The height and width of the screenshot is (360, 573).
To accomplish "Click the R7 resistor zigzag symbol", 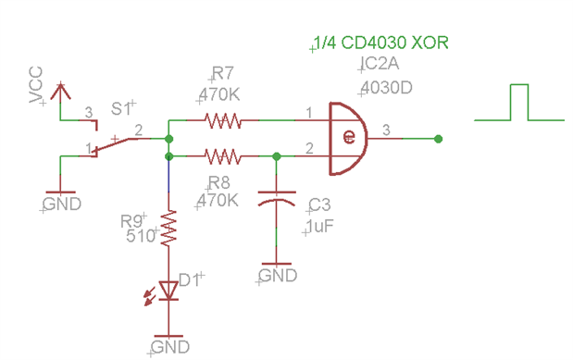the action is click(222, 120).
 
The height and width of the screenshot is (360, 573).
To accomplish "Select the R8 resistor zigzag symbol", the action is click(222, 156).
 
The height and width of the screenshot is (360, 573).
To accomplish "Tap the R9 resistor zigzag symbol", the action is click(168, 229).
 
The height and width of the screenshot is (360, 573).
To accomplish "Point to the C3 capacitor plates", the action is click(277, 198).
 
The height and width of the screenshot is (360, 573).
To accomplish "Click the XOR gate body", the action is click(348, 139).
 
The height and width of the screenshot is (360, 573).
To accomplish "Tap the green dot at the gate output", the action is click(439, 139).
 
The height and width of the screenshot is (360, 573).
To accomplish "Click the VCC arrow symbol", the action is click(61, 92).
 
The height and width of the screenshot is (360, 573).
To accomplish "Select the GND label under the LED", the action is click(170, 347).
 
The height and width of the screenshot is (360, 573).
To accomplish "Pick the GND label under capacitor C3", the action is click(278, 276).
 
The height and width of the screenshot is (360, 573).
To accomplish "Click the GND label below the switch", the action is click(62, 204).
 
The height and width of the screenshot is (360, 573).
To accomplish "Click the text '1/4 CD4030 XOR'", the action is click(380, 43).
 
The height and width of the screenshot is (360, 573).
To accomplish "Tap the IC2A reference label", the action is click(380, 64).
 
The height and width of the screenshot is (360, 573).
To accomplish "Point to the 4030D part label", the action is click(386, 88).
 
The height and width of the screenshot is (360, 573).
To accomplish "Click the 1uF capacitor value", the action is click(319, 226).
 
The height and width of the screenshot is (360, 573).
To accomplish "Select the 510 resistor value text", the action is click(141, 236).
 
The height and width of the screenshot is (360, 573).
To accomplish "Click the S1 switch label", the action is click(121, 109).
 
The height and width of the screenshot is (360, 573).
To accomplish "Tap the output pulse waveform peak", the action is click(519, 85).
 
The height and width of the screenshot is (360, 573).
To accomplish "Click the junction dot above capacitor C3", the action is click(277, 156).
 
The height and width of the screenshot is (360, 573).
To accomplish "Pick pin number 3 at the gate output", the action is click(386, 130).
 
